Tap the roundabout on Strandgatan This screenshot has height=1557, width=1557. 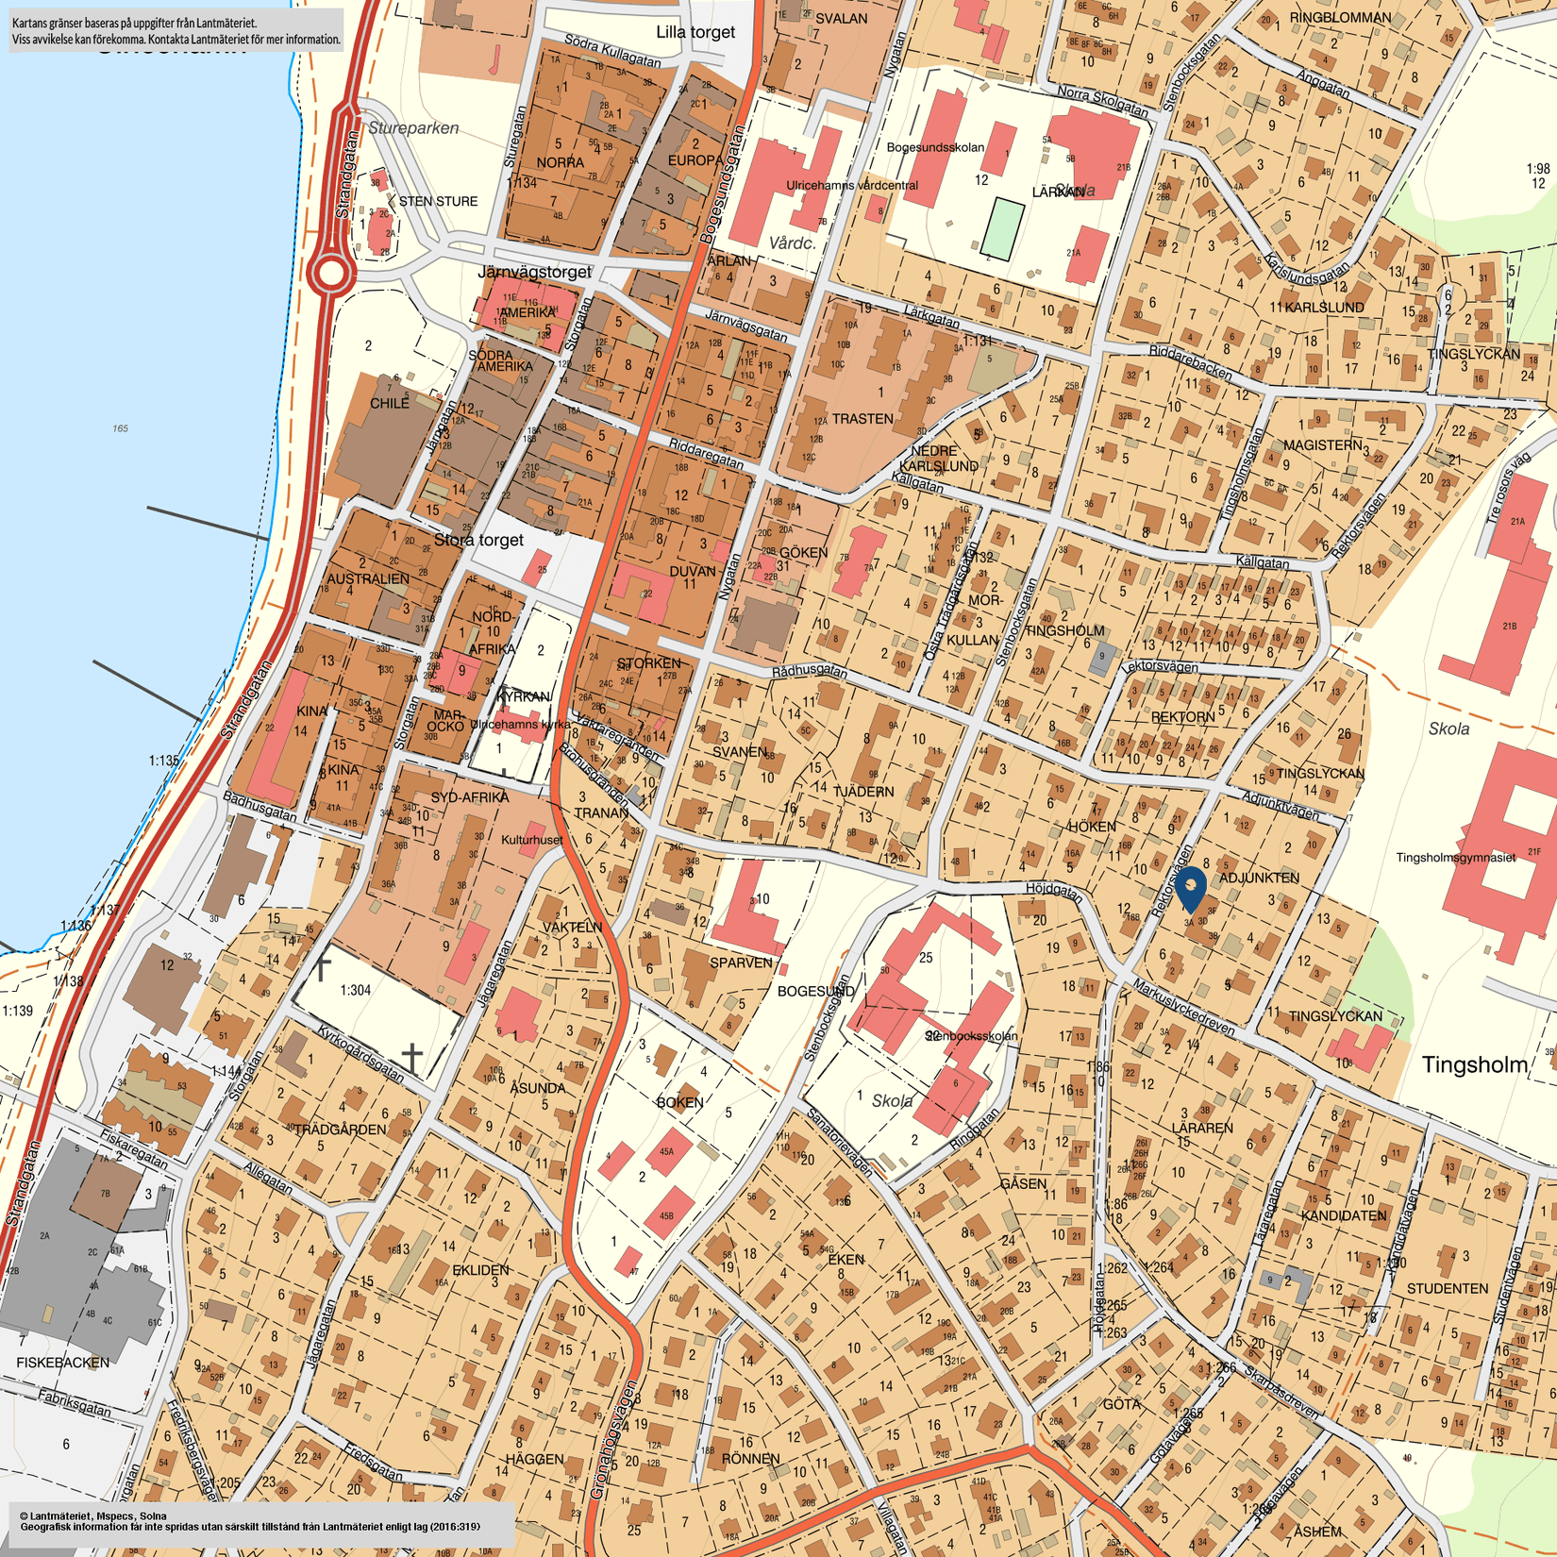click(331, 274)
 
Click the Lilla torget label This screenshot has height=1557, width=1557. click(695, 32)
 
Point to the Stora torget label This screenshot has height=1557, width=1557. click(478, 540)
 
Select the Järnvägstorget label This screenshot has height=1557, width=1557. click(534, 272)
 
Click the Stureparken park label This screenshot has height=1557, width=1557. click(413, 128)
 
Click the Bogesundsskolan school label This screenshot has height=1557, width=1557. click(935, 147)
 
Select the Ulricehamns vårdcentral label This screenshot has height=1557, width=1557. click(851, 185)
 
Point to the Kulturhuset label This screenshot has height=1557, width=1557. click(531, 840)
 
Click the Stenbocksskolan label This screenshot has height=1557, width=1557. click(971, 1035)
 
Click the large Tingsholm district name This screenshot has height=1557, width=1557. click(1474, 1065)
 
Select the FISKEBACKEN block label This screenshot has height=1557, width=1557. click(63, 1363)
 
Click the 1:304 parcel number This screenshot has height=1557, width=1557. click(355, 990)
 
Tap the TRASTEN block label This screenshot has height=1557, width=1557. click(862, 418)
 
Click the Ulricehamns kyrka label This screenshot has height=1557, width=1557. click(520, 725)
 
